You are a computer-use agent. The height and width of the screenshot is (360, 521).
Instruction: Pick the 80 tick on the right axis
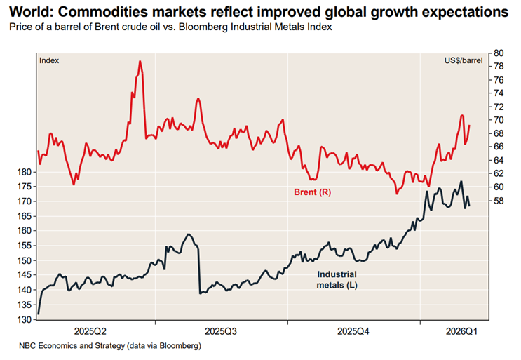pos(499,53)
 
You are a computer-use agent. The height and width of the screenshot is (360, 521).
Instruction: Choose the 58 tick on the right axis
pos(499,201)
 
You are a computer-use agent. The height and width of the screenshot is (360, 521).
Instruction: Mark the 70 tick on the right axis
pos(499,120)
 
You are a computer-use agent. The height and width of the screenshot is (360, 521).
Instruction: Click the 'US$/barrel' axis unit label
pos(463,61)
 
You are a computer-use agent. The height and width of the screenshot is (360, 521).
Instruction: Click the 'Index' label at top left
pos(49,61)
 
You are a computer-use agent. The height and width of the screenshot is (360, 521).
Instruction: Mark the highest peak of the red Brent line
pos(140,61)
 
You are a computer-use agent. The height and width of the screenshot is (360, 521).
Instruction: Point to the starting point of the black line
pos(39,314)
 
